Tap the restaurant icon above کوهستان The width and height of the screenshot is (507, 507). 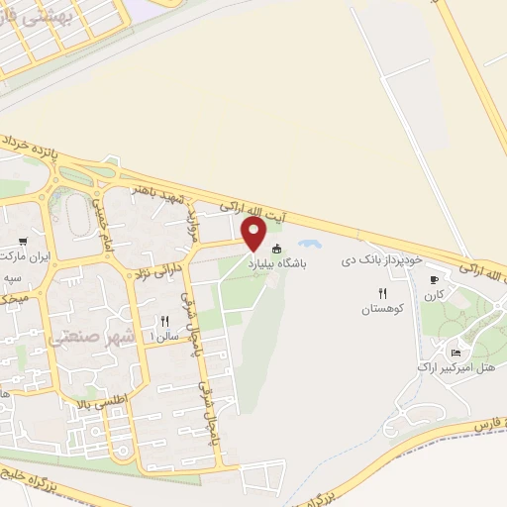point(382,292)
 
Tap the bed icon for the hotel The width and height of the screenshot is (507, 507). point(456,353)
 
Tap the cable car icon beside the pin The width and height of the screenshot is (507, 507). point(277,249)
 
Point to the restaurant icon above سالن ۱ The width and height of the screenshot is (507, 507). point(165,321)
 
